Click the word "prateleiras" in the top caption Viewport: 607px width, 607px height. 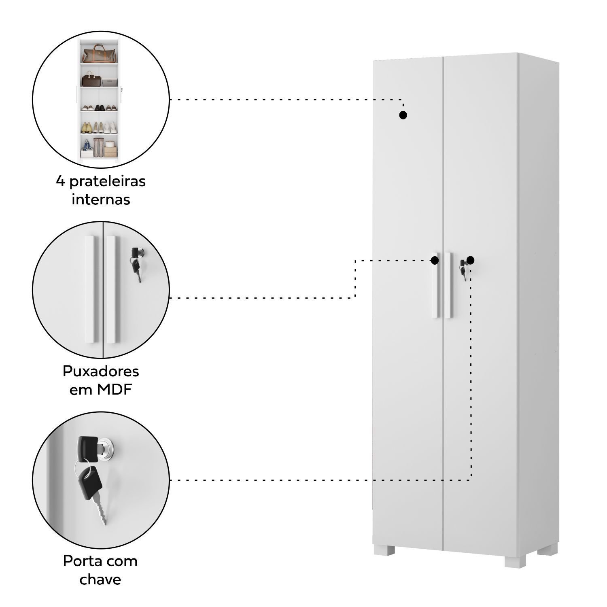click(x=107, y=182)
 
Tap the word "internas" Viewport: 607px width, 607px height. click(x=101, y=200)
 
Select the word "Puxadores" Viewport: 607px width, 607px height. click(x=101, y=371)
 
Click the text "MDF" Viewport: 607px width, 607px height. click(x=115, y=390)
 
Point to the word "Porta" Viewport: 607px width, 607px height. click(x=80, y=561)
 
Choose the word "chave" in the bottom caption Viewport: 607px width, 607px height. click(x=100, y=579)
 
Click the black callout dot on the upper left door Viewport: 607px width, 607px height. click(x=403, y=115)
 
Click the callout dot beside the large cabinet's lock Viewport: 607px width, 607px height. click(x=470, y=260)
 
